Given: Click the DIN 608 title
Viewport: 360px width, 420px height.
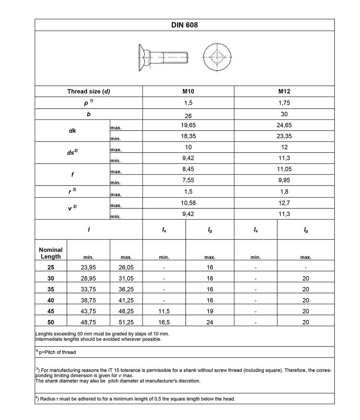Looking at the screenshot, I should tap(184, 25).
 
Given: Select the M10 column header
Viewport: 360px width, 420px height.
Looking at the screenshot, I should tap(188, 91).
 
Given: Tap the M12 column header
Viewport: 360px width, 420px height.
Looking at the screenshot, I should tap(284, 91).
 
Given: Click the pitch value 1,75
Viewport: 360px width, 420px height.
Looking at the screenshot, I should tap(284, 103).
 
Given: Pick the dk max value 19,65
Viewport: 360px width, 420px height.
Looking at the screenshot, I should tap(188, 125).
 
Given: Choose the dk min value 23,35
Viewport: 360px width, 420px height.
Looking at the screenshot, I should tap(284, 136).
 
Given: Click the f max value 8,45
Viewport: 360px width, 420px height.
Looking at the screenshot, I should tap(188, 169).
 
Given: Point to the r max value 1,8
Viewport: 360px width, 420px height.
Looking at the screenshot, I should tap(284, 192).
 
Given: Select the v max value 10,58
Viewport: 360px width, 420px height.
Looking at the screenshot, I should tap(188, 203).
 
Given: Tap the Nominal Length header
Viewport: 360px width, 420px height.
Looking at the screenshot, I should tap(51, 253).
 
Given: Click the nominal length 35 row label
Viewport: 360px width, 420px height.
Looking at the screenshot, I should tap(51, 289).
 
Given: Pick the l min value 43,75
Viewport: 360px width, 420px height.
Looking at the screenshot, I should tap(88, 311).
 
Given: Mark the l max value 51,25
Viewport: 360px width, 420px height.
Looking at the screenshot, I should tap(126, 322).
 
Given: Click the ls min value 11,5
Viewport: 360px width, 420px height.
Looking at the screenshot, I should tap(164, 311).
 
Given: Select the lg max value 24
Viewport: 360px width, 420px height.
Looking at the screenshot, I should tap(210, 322).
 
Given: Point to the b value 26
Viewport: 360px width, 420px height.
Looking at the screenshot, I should tap(188, 116).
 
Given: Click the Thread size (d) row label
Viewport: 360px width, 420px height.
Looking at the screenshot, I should tap(88, 91).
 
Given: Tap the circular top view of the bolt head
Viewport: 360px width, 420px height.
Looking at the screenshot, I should tap(217, 57).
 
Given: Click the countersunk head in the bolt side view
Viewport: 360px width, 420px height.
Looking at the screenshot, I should tap(143, 57).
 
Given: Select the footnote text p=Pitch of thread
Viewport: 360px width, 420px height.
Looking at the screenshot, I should tap(57, 352).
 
